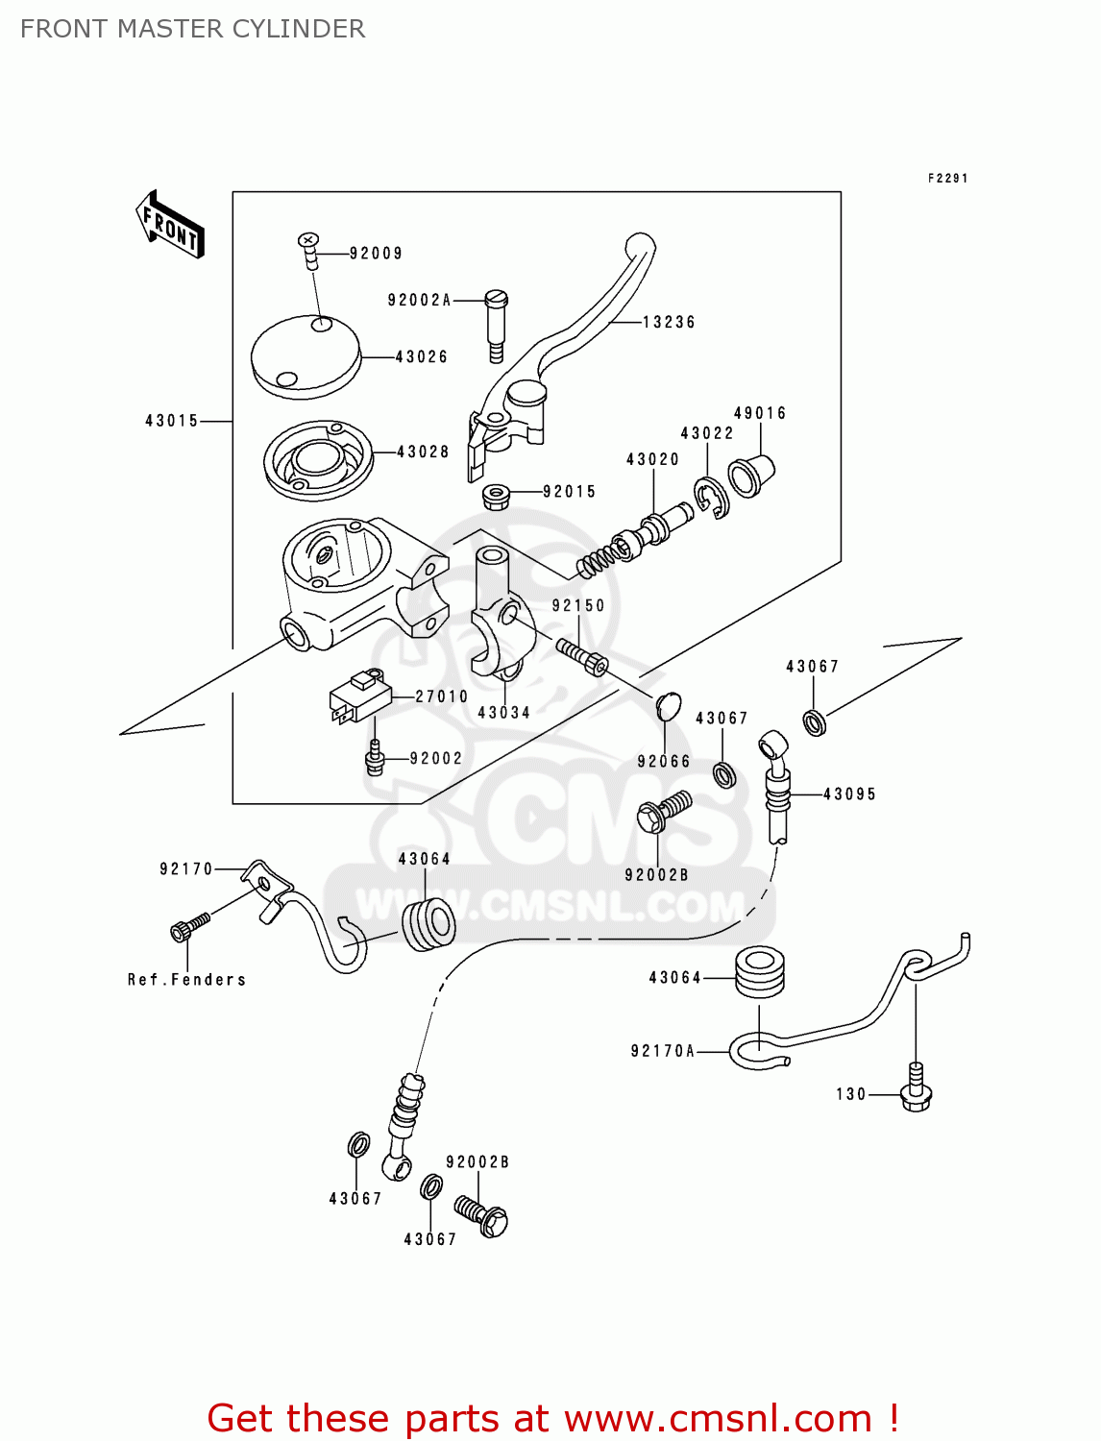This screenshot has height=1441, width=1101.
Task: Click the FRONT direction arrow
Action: [x=170, y=225]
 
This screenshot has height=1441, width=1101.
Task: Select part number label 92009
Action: [x=376, y=254]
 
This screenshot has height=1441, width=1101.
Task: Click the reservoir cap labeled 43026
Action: [x=305, y=356]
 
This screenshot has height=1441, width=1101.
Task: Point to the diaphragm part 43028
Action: [x=317, y=459]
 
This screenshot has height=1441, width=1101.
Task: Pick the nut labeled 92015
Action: [x=495, y=497]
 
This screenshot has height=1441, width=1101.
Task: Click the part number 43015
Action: [x=172, y=421]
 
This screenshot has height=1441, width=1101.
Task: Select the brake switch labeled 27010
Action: [x=358, y=696]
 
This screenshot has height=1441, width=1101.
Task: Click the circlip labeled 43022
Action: [x=712, y=500]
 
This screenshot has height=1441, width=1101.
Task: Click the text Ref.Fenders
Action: [x=187, y=980]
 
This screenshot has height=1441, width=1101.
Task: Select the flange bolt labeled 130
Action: [x=916, y=1092]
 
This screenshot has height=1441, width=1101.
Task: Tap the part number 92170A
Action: [x=663, y=1051]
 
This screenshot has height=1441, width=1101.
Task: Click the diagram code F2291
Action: [x=947, y=179]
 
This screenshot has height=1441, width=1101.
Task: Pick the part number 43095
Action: [x=849, y=794]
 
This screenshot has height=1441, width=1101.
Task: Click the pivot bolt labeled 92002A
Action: [x=496, y=322]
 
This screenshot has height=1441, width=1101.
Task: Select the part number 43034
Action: [x=504, y=713]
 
